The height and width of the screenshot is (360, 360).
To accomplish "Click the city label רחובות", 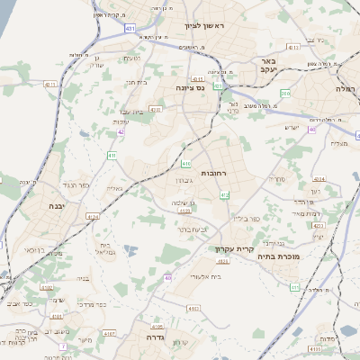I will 217,172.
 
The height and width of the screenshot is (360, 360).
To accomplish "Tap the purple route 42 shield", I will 121,131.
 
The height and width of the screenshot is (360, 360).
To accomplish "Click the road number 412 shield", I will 224,194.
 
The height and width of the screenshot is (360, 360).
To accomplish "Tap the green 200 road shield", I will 285,94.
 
